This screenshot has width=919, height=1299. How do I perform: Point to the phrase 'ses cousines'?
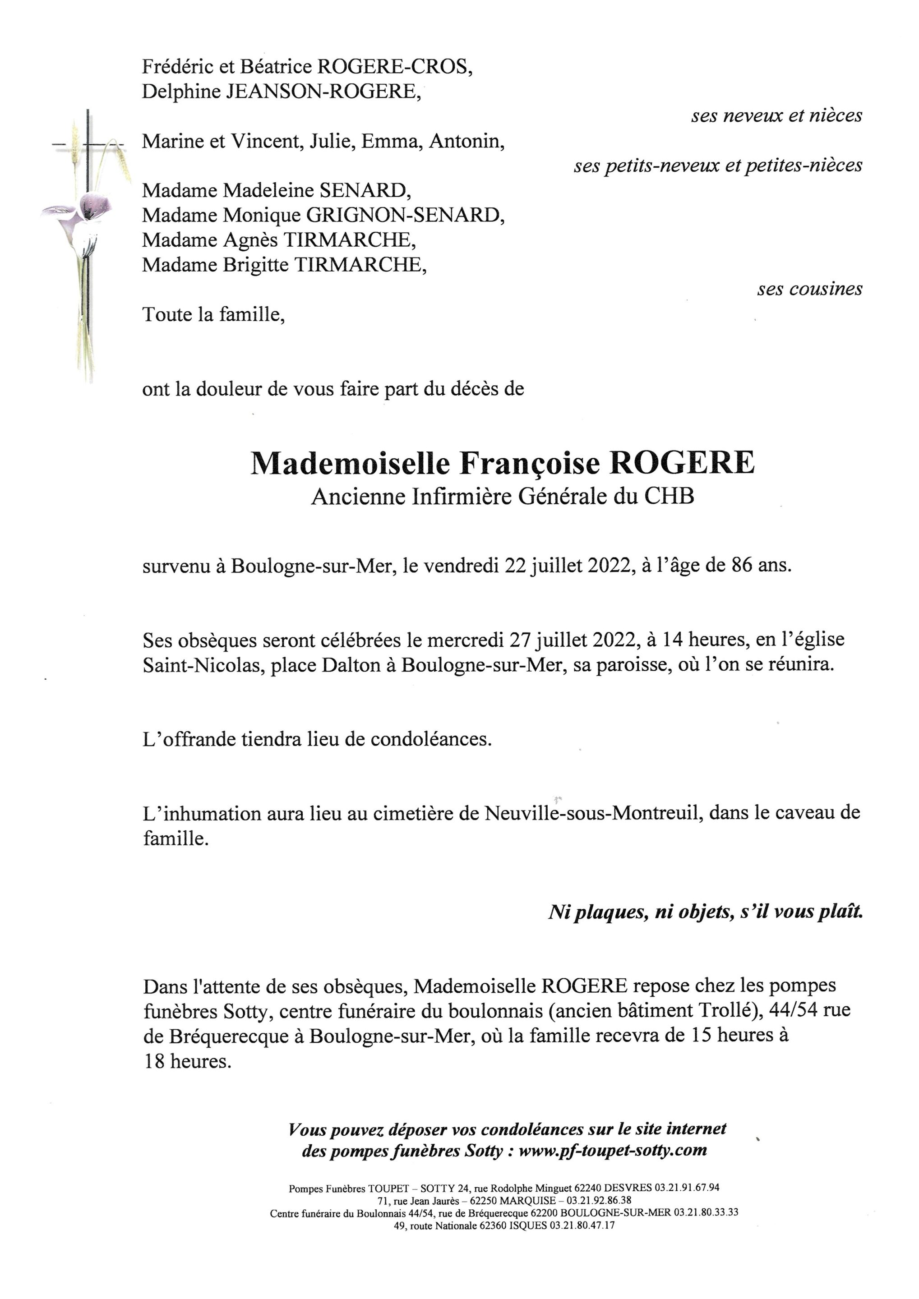(809, 289)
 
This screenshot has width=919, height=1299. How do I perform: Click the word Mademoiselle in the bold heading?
(351, 464)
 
